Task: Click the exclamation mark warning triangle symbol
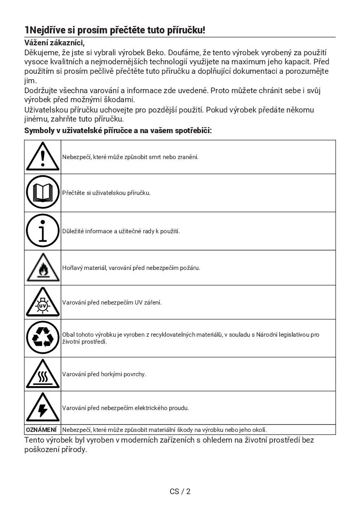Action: (x=43, y=157)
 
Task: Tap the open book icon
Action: (x=43, y=192)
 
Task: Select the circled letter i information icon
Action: (x=43, y=231)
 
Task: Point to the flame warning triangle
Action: (x=43, y=268)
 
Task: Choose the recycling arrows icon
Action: (x=43, y=338)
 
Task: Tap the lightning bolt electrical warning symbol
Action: (x=43, y=408)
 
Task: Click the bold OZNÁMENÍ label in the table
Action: (x=41, y=430)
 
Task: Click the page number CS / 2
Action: (x=180, y=491)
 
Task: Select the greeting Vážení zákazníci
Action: (x=54, y=43)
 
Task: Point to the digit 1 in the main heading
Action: (x=27, y=30)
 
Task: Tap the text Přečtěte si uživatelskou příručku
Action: (x=106, y=192)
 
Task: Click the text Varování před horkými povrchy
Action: (x=104, y=374)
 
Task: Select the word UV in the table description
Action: (x=139, y=302)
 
